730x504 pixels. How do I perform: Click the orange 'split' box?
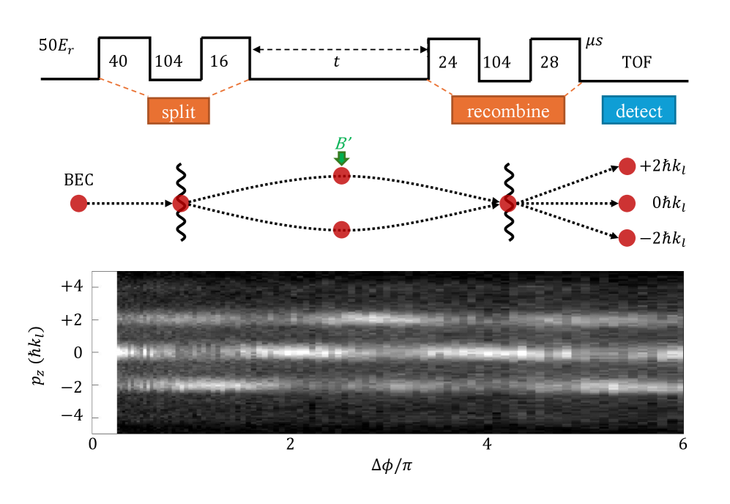coord(179,111)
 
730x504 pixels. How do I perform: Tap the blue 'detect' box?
coord(638,111)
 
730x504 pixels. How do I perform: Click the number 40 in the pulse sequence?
coord(117,62)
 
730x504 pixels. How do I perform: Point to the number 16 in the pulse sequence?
coord(218,62)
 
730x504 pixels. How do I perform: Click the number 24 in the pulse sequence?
coord(447,62)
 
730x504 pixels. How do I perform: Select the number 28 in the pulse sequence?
coord(549,62)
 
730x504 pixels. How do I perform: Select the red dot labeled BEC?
coord(78,203)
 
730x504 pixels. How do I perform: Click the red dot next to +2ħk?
coord(627,167)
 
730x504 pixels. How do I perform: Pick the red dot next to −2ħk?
coord(627,238)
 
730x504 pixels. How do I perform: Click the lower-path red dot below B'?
coord(341,230)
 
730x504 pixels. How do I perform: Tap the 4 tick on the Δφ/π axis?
coord(488,445)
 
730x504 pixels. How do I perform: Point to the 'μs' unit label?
coord(593,45)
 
